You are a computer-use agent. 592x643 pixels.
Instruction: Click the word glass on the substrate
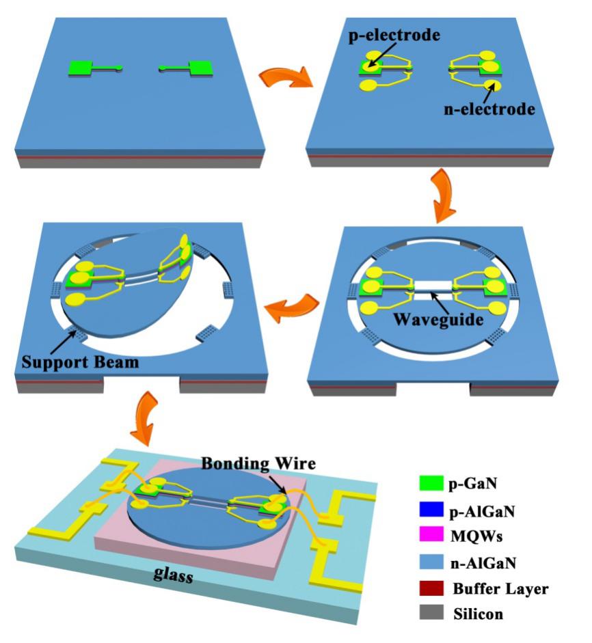click(172, 575)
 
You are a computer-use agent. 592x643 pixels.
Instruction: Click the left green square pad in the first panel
click(81, 67)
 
